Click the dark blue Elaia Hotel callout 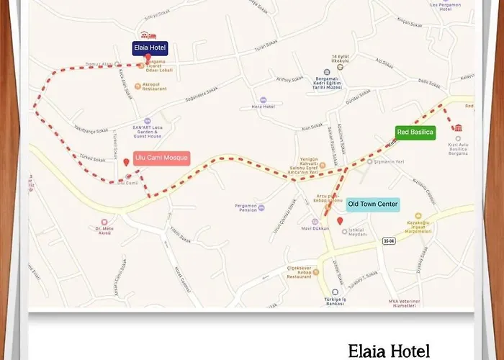pyautogui.click(x=150, y=48)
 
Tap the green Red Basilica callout pyautogui.click(x=415, y=132)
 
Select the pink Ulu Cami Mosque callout pyautogui.click(x=162, y=158)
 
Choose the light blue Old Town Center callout pyautogui.click(x=372, y=204)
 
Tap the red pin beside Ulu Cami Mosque pyautogui.click(x=127, y=163)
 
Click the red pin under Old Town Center pyautogui.click(x=340, y=220)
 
